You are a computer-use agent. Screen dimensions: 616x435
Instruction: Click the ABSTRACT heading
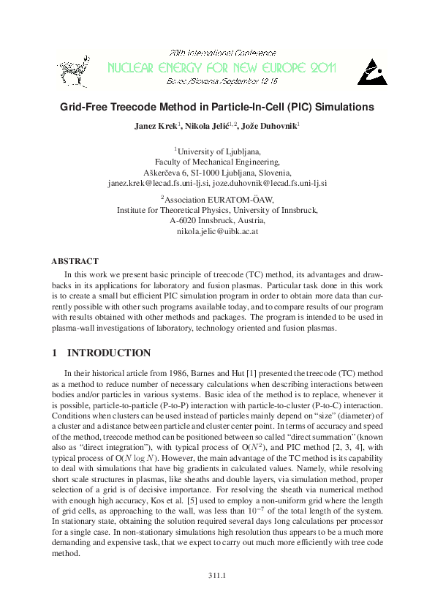tap(75, 261)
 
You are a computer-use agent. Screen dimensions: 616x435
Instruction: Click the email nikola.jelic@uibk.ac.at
tap(218, 230)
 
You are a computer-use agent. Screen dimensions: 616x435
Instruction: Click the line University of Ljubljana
tap(218, 151)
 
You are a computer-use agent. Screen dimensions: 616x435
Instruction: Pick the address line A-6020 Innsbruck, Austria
tap(218, 219)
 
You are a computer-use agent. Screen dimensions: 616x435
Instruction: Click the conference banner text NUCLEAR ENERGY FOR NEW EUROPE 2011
tap(221, 69)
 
